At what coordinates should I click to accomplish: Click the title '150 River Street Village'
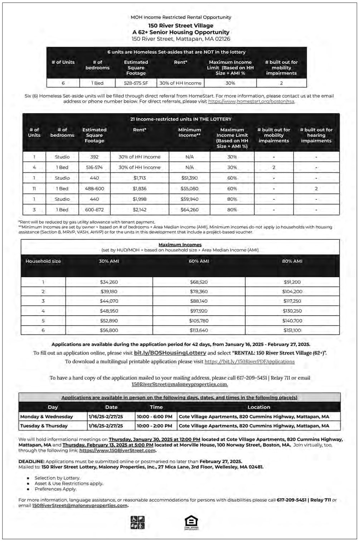click(181, 26)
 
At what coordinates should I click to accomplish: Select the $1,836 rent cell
click(140, 189)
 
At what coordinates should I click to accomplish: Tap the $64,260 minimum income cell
click(189, 210)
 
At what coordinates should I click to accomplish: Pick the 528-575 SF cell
click(136, 83)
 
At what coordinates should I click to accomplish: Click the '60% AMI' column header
click(199, 261)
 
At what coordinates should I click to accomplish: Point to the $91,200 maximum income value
click(292, 282)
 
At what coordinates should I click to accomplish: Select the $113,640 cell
click(199, 330)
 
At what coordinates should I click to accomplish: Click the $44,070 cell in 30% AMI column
click(109, 301)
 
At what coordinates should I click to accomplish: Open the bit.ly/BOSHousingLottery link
click(170, 353)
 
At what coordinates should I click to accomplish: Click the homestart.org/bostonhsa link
click(251, 101)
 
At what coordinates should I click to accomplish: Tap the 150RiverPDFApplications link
click(249, 362)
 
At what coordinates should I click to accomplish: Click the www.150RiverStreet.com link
click(117, 451)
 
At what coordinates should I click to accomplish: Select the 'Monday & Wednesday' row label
click(47, 416)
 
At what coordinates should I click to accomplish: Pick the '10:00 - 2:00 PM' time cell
click(154, 426)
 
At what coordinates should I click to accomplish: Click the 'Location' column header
click(259, 407)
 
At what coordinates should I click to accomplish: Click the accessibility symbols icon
click(137, 522)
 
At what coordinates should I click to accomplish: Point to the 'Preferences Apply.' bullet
click(55, 489)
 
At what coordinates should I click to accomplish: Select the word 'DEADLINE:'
click(31, 462)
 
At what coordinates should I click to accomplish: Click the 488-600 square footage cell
click(94, 189)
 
